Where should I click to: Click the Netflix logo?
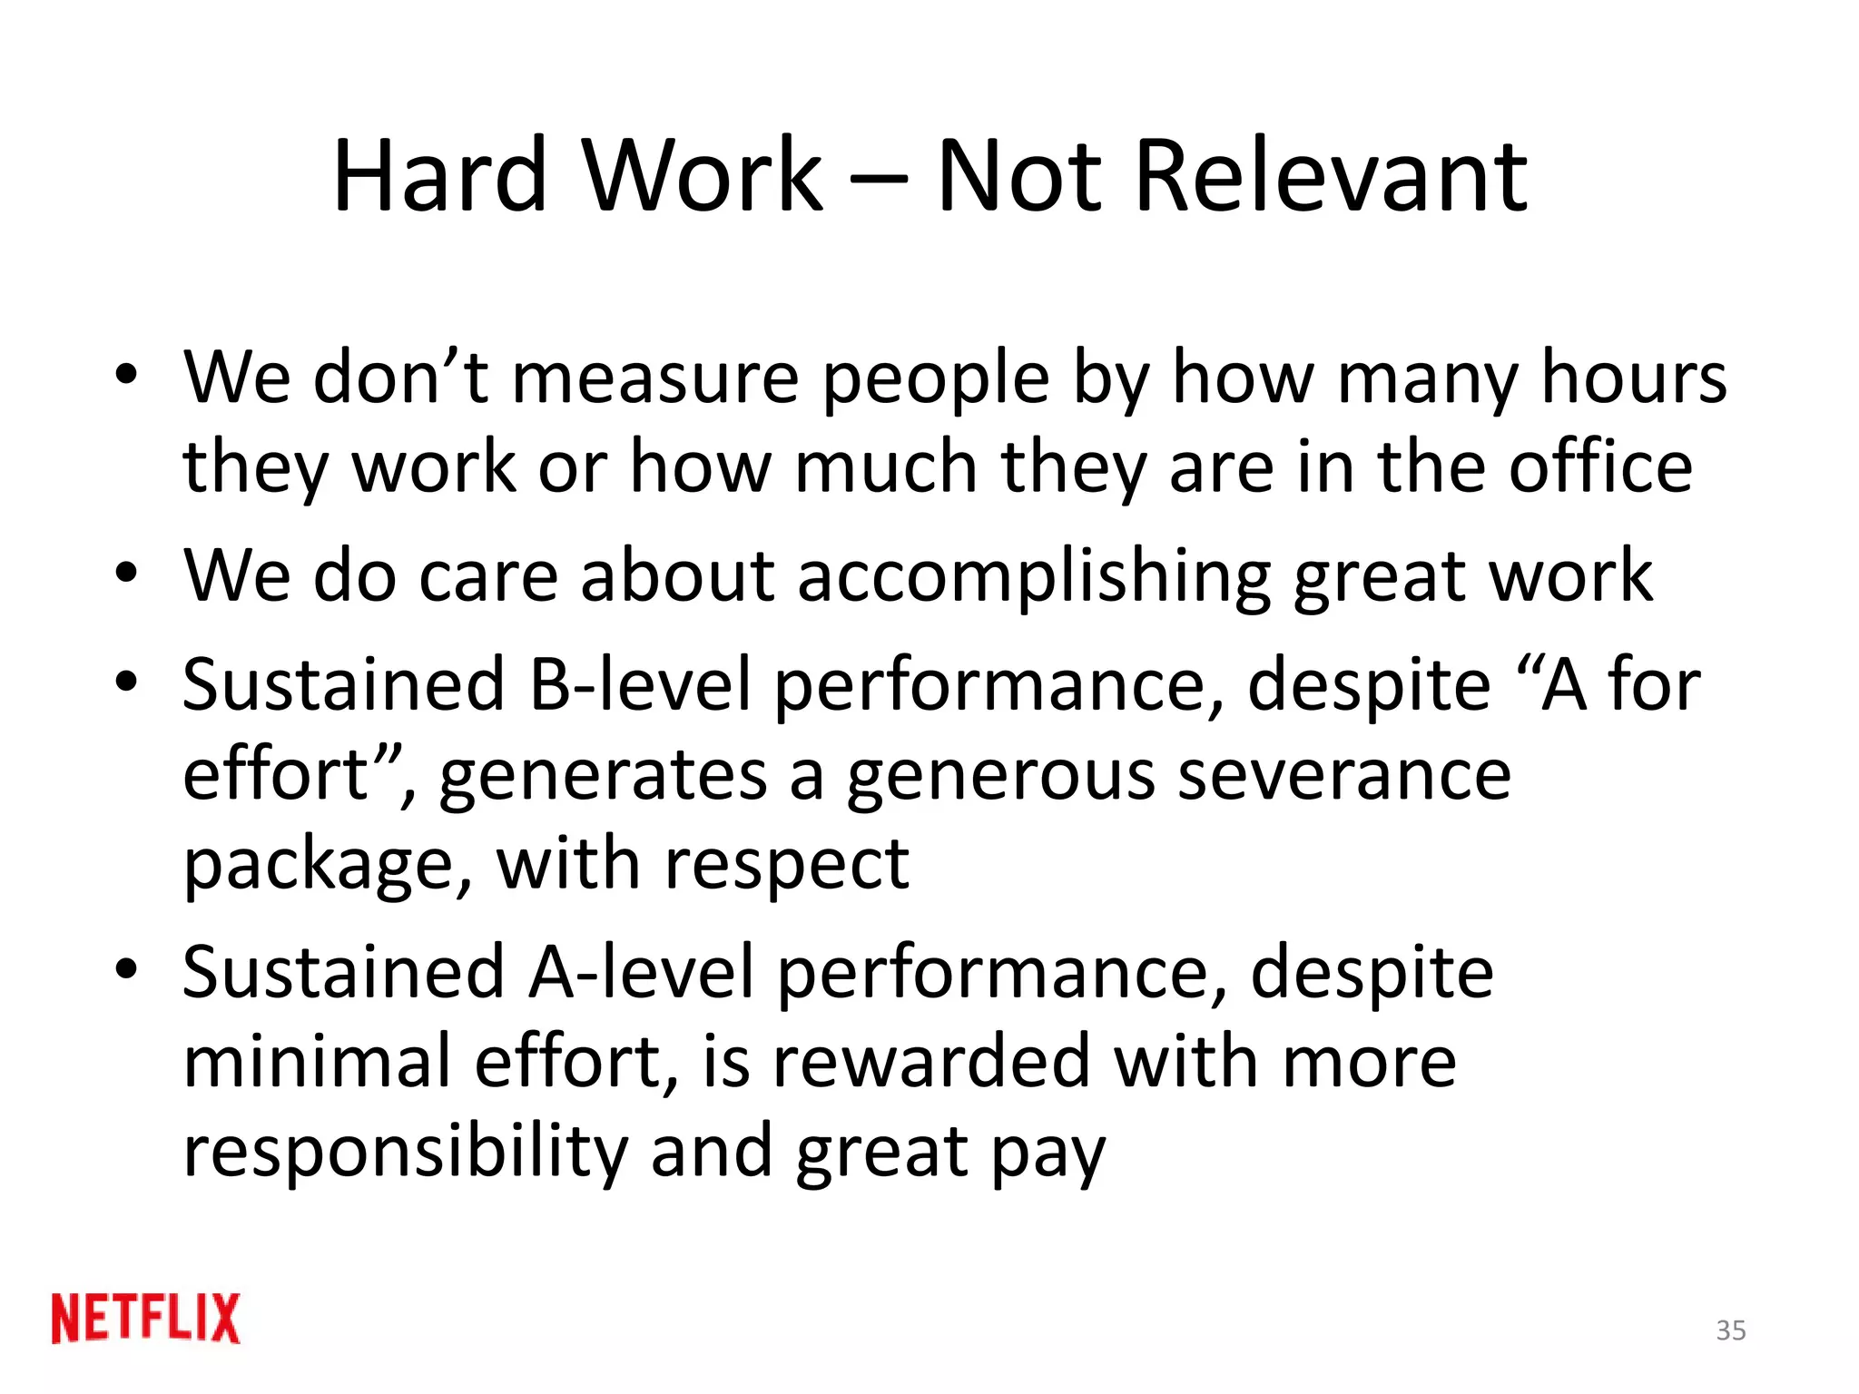click(146, 1318)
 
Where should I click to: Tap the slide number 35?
click(1731, 1330)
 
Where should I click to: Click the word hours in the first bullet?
click(1634, 378)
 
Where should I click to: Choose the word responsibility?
click(406, 1152)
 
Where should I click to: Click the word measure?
click(655, 378)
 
